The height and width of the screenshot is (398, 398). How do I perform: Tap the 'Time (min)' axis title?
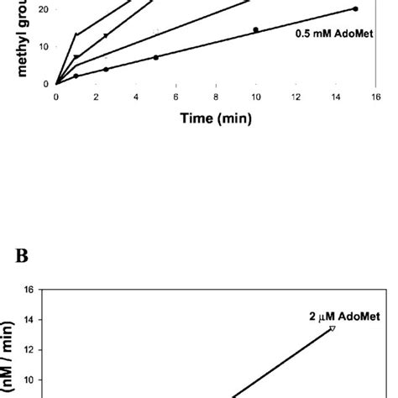point(217,118)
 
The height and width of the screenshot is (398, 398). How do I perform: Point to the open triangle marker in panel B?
point(333,328)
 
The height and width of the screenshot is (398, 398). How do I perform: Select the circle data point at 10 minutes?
point(255,30)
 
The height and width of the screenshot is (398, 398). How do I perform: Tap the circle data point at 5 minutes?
point(155,57)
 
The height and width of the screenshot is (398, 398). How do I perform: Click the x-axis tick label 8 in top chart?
point(216,97)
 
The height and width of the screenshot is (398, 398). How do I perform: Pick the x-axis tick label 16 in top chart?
point(375,97)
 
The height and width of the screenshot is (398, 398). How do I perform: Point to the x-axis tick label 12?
point(296,97)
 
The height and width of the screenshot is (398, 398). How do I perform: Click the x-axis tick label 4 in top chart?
point(136,97)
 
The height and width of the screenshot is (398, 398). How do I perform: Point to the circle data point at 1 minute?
point(76,76)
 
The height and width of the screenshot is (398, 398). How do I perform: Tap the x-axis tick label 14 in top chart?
point(335,97)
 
